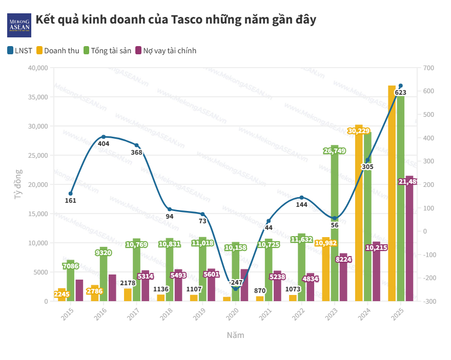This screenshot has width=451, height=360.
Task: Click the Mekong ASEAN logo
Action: tap(19, 24)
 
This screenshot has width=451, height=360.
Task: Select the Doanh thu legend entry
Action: tap(57, 51)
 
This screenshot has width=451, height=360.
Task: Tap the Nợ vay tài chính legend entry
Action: tap(166, 51)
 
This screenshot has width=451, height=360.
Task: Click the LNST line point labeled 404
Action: tap(104, 137)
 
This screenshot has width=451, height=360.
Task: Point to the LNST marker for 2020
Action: tap(236, 289)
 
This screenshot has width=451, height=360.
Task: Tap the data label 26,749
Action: tap(334, 151)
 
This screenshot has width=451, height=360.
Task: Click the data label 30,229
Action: tap(359, 131)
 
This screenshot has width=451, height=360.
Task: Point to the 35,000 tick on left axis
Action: tap(37, 97)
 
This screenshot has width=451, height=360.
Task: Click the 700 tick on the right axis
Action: tap(429, 68)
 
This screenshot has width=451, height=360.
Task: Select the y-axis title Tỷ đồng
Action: tap(18, 184)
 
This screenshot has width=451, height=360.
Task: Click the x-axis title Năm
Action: tap(235, 335)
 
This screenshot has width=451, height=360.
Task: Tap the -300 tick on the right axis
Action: tap(429, 301)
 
